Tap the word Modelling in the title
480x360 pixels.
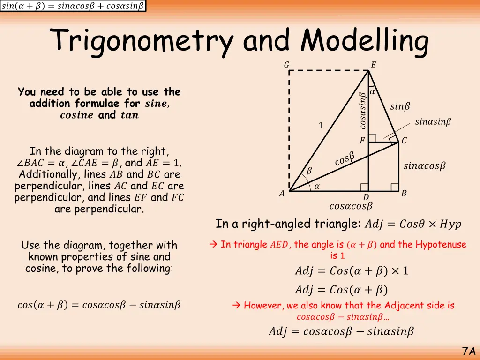(365, 41)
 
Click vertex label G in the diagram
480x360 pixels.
(286, 65)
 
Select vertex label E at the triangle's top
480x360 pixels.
(373, 65)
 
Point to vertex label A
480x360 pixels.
(282, 194)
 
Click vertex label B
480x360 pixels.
(404, 193)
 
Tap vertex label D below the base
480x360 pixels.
(366, 197)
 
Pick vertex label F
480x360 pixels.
(362, 141)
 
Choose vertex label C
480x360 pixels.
(404, 141)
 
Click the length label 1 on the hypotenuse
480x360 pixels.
(321, 126)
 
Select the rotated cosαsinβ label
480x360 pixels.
(362, 111)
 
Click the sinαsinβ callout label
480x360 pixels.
(433, 122)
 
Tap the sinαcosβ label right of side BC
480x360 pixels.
(424, 166)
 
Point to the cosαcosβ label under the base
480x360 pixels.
(351, 206)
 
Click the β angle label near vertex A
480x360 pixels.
(309, 172)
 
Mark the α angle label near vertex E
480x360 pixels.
(372, 93)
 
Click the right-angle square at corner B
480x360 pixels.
(395, 187)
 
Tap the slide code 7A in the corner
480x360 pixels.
(469, 351)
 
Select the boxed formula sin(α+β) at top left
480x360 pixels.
(73, 6)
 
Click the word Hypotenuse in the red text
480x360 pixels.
(441, 244)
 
